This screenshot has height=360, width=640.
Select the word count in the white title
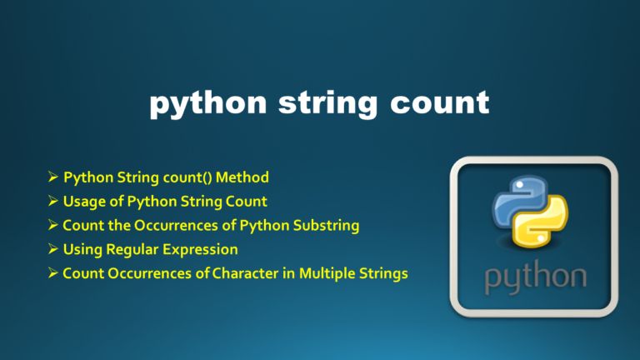coord(436,104)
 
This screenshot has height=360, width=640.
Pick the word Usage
coord(83,201)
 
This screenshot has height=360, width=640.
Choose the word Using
coord(82,249)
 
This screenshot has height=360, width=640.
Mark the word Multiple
coord(325,273)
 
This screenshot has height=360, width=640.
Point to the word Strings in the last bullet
coord(382,273)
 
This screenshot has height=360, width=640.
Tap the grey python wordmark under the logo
coord(534,278)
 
